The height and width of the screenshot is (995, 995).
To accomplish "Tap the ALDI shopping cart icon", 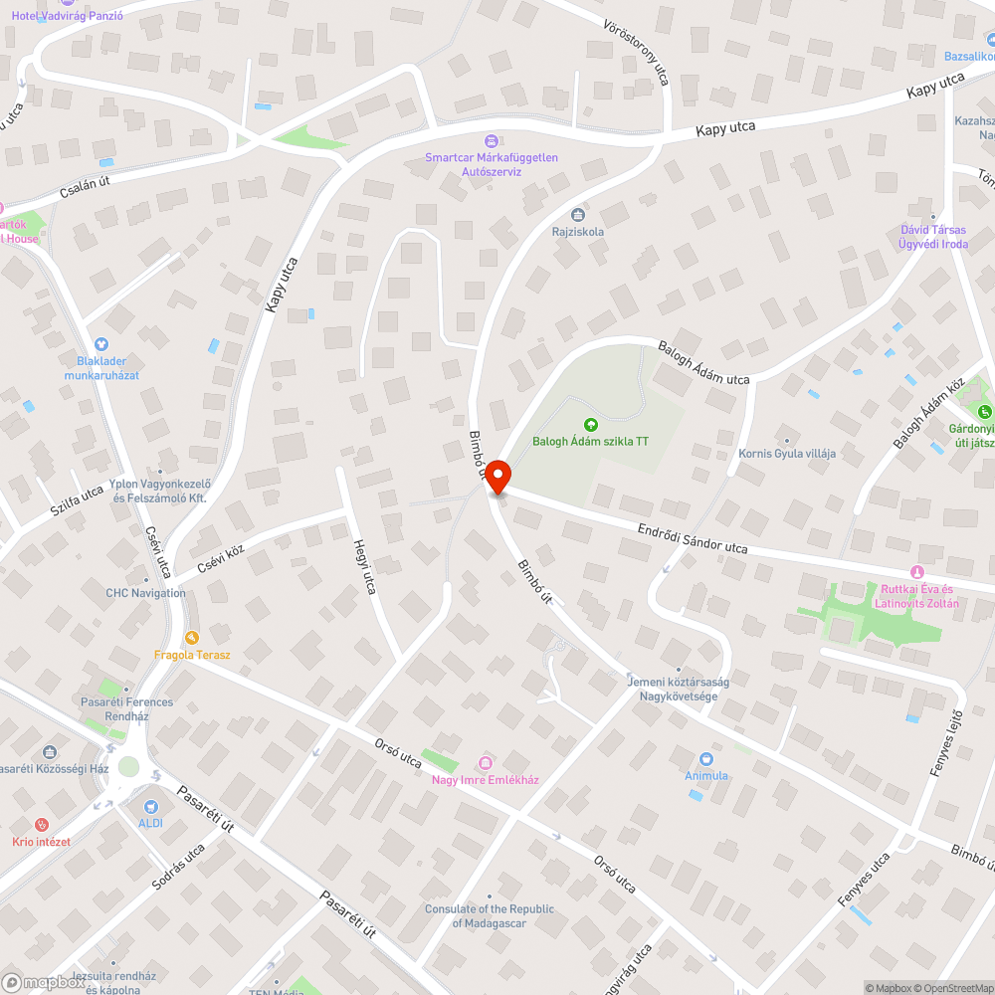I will pyautogui.click(x=151, y=807).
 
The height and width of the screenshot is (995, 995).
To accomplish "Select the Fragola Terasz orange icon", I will pyautogui.click(x=192, y=638).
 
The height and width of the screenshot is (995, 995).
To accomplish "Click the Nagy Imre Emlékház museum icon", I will pyautogui.click(x=486, y=763).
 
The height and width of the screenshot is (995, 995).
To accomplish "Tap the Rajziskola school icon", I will pyautogui.click(x=578, y=215).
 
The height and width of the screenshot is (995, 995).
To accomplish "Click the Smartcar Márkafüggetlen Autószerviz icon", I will pyautogui.click(x=491, y=141).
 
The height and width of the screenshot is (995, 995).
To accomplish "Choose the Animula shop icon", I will pyautogui.click(x=706, y=759).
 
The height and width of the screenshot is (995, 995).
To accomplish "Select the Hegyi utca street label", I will pyautogui.click(x=365, y=567).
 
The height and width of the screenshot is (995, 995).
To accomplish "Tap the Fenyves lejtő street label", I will pyautogui.click(x=946, y=745).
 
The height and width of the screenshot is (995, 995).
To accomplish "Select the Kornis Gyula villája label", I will pyautogui.click(x=787, y=454).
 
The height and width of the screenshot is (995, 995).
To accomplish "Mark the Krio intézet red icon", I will pyautogui.click(x=41, y=825).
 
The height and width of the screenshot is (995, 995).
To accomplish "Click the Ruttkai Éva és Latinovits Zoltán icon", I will pyautogui.click(x=916, y=572).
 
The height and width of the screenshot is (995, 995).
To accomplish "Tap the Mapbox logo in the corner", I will pyautogui.click(x=45, y=981).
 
